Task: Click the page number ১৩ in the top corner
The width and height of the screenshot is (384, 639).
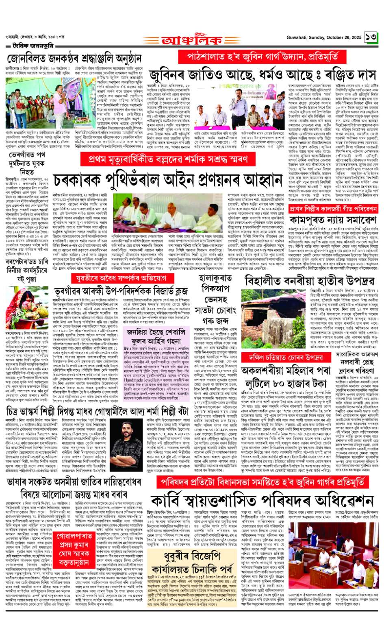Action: [x=371, y=37]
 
